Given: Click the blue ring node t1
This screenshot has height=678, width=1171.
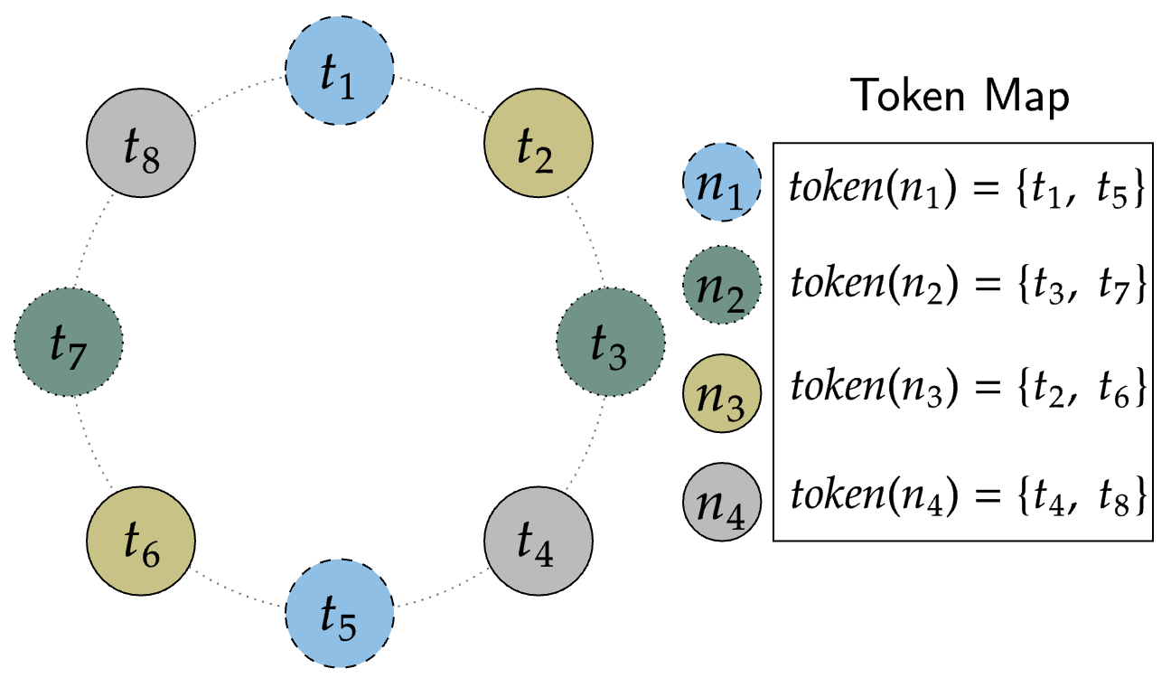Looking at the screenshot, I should (339, 72).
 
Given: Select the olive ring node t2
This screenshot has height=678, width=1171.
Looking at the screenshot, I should (538, 144).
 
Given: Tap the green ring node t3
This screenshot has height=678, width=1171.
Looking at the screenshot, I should (611, 343).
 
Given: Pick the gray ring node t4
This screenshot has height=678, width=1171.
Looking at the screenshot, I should (538, 541).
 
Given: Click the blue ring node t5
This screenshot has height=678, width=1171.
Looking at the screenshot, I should (339, 614).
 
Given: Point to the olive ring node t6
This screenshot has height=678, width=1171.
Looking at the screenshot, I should (140, 541).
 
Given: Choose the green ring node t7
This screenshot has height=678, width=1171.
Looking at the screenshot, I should (69, 343).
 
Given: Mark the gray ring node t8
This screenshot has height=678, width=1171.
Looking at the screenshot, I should (140, 144).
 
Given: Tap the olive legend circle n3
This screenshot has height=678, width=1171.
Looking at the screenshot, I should (722, 389).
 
